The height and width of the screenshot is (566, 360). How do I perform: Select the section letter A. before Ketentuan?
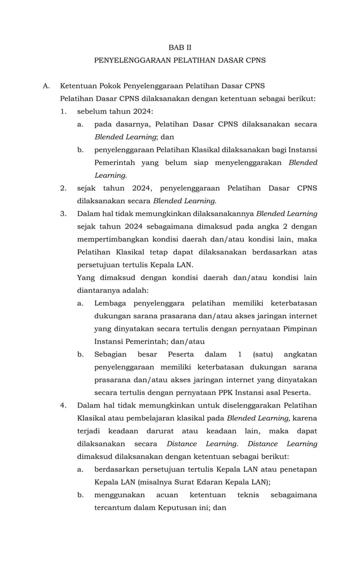tap(47, 86)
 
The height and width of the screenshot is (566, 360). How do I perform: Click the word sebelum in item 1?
tap(91, 111)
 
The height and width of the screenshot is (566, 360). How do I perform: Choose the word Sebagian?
tap(111, 354)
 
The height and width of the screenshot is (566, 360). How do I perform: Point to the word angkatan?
tap(300, 354)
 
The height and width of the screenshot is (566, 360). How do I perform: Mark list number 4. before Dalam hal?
tap(64, 405)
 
